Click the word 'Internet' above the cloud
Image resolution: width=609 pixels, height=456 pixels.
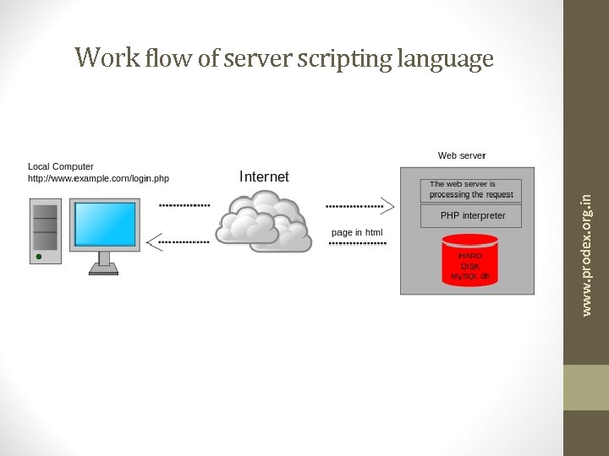click(264, 176)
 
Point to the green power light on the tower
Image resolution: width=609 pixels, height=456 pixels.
click(38, 255)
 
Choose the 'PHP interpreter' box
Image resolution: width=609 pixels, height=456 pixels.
click(471, 216)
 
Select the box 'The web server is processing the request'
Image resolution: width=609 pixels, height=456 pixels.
click(471, 189)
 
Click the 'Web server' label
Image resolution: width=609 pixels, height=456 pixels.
click(462, 155)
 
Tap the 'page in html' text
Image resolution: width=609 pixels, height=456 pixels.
click(357, 232)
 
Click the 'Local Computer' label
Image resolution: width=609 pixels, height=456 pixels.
click(61, 166)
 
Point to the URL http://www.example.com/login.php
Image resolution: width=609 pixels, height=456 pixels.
click(98, 178)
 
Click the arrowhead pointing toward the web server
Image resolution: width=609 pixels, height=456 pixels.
click(387, 204)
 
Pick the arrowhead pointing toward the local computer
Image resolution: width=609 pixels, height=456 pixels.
click(153, 242)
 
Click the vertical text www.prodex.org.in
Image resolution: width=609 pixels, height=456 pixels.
click(588, 254)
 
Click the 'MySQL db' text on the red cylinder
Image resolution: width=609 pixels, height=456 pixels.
click(470, 276)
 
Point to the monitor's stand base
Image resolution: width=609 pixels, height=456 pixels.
click(104, 271)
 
